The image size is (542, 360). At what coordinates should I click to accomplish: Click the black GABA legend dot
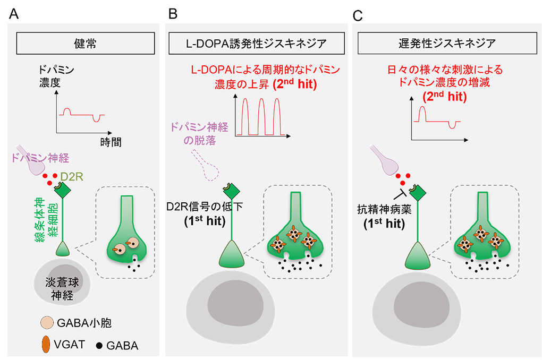(99, 345)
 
